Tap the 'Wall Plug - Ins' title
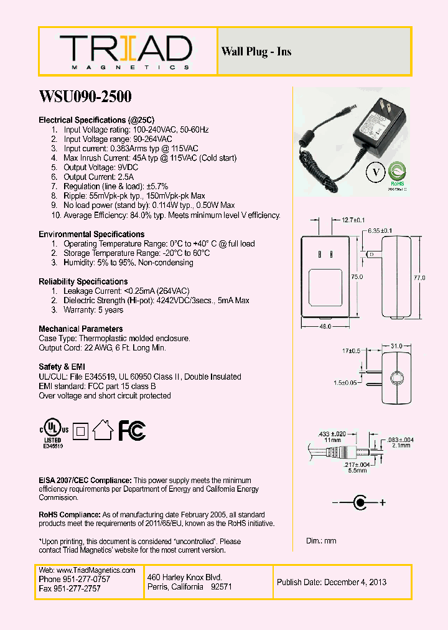coord(256,52)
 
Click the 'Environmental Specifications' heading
coord(91,235)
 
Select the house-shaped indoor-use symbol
coord(103,429)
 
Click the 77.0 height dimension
coord(419,278)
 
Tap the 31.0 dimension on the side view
coord(396,346)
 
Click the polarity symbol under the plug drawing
coord(359,502)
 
